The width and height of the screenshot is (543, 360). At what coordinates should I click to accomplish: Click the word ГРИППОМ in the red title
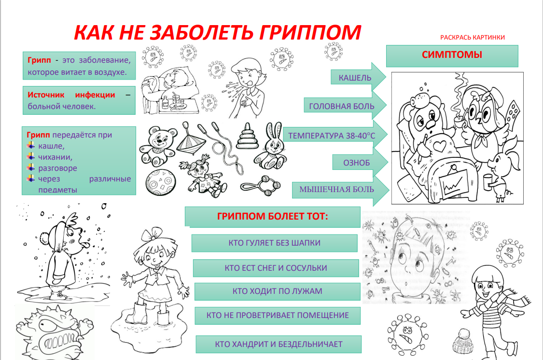pyautogui.click(x=309, y=32)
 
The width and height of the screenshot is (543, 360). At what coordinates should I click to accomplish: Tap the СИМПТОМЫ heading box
pyautogui.click(x=452, y=55)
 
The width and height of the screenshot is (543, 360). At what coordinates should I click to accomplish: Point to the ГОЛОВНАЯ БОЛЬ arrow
pyautogui.click(x=345, y=106)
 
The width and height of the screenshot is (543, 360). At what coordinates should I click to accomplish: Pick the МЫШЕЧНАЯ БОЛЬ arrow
pyautogui.click(x=341, y=189)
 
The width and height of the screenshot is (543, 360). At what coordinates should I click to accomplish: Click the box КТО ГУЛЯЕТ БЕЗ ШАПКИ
pyautogui.click(x=274, y=243)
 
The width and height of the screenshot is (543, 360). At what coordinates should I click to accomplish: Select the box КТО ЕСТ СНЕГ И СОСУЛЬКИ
pyautogui.click(x=276, y=268)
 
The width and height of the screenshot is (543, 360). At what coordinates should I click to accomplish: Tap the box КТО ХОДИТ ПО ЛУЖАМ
pyautogui.click(x=277, y=291)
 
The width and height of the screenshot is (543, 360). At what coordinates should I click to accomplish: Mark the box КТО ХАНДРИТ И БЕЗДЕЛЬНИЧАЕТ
pyautogui.click(x=278, y=344)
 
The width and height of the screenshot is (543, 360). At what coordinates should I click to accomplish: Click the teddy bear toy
pyautogui.click(x=158, y=145)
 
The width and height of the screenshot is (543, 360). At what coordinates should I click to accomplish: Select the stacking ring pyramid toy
pyautogui.click(x=247, y=136)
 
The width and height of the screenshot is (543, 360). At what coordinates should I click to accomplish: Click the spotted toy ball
pyautogui.click(x=161, y=182)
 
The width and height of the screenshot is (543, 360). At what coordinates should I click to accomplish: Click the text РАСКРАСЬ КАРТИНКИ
pyautogui.click(x=473, y=37)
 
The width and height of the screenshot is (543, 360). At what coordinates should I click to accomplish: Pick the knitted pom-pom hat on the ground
pyautogui.click(x=463, y=341)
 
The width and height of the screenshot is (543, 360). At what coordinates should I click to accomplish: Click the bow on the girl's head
pyautogui.click(x=152, y=234)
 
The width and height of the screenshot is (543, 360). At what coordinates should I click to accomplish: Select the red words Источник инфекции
pyautogui.click(x=71, y=95)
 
